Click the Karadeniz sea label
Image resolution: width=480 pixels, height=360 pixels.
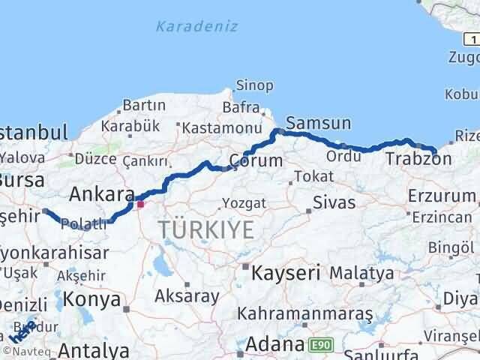click(x=196, y=26)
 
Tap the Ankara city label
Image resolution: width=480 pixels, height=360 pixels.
click(x=101, y=194)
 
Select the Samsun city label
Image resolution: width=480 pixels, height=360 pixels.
click(x=318, y=122)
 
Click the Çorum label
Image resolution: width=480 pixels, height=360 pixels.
click(x=256, y=160)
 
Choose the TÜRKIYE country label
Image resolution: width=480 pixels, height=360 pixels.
click(x=204, y=230)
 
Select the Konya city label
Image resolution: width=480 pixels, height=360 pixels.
click(x=93, y=300)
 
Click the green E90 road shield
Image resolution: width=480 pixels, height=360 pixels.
click(x=319, y=343)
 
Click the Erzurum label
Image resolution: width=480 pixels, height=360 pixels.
click(x=442, y=196)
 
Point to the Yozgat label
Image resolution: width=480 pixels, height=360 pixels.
click(x=242, y=203)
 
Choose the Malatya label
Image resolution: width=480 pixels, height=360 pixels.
click(x=361, y=273)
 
